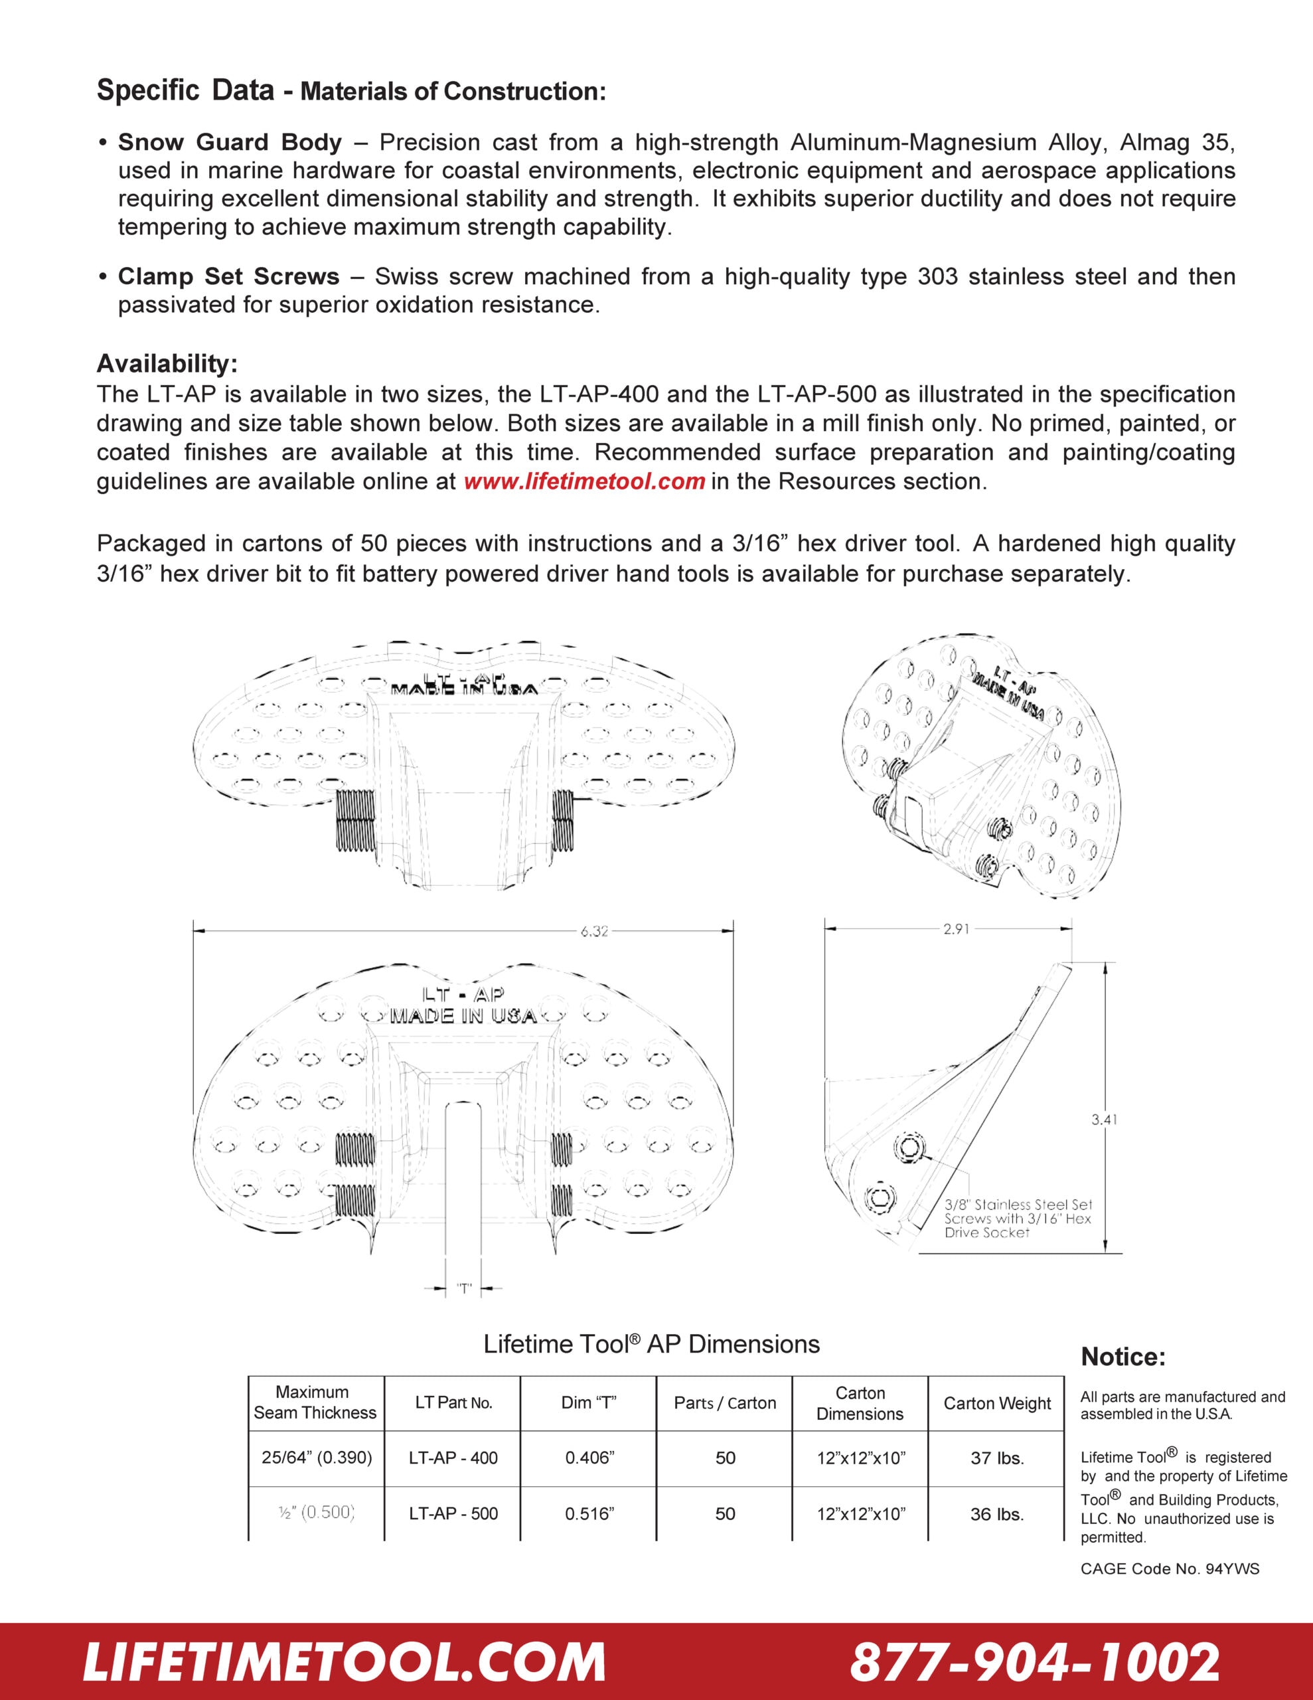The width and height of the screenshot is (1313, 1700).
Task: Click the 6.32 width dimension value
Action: click(594, 931)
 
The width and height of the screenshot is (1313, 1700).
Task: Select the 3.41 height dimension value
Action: click(1104, 1120)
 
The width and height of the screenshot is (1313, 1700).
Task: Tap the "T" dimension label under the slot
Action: click(464, 1288)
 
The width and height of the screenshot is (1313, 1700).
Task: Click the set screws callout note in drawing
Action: click(1018, 1218)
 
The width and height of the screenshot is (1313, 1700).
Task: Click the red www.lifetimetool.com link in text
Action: click(583, 482)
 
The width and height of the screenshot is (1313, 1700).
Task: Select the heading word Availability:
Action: click(167, 363)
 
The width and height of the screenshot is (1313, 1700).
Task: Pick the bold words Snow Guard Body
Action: click(230, 143)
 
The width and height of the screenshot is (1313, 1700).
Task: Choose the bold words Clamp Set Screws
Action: click(229, 276)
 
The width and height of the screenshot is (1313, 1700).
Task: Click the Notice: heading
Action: click(1123, 1357)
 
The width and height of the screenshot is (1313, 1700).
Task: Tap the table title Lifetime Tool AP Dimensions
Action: click(651, 1344)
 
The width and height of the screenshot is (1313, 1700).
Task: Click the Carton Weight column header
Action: click(997, 1403)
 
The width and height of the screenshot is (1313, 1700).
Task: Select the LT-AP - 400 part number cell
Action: click(453, 1458)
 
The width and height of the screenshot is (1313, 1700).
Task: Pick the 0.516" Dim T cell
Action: click(589, 1514)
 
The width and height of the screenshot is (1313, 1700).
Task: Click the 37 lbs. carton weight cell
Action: click(997, 1458)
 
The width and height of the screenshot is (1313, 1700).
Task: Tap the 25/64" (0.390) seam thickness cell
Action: click(317, 1457)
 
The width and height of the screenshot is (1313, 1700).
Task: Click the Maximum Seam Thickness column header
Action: click(315, 1402)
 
